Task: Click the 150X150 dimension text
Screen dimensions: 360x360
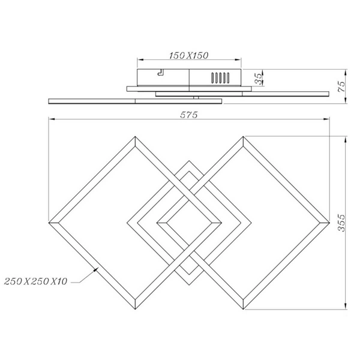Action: point(188,55)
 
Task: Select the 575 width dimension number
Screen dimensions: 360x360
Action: point(188,115)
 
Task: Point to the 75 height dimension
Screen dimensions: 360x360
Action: point(341,86)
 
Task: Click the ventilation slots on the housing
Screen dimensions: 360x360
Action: point(219,78)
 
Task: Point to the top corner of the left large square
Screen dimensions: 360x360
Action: point(136,137)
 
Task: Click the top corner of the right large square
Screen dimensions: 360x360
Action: point(243,137)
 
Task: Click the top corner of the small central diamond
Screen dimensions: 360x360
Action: point(189,160)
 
